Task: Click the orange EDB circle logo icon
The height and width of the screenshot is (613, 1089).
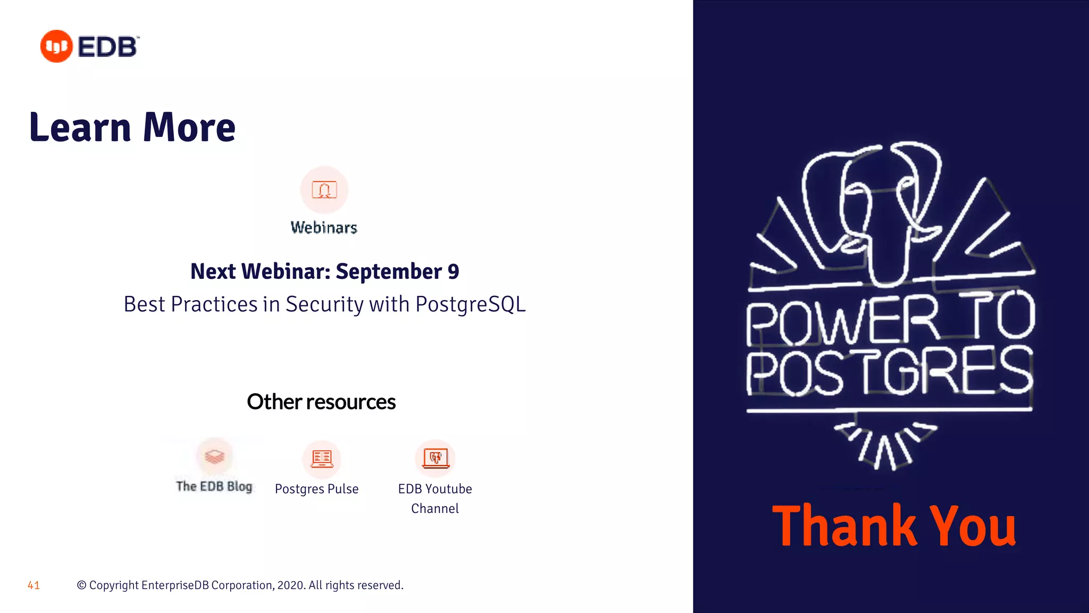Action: coord(56,46)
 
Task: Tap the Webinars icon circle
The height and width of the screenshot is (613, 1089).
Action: coord(324,190)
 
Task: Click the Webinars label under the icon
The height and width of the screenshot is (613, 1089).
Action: coord(324,228)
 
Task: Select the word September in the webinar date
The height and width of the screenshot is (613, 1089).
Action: coord(389,272)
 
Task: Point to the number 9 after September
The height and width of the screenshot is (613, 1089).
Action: coord(453,271)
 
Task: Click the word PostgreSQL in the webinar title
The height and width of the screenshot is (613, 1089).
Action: coord(470,304)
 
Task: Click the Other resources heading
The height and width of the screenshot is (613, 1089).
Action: coord(321,402)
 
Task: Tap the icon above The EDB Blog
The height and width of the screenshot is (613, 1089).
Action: coord(215,457)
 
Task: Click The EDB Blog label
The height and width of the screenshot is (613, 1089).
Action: coord(214,486)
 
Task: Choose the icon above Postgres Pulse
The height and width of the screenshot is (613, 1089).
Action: coord(322,458)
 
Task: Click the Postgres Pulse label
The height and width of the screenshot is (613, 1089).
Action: coord(316,489)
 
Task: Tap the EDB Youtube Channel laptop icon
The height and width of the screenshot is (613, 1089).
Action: coord(435,458)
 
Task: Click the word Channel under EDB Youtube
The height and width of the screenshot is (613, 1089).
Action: coord(435,509)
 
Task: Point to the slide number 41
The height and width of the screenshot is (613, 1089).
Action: coord(33,585)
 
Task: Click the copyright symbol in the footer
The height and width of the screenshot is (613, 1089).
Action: coord(81,585)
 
